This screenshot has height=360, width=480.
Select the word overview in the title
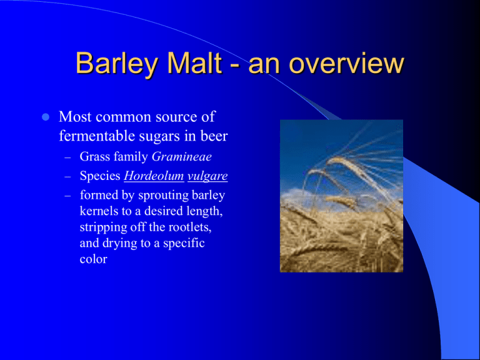tap(347, 63)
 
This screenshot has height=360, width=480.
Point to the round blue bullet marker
tap(45, 117)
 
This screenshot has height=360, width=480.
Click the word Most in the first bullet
tap(75, 117)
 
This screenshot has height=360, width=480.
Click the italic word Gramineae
tap(181, 156)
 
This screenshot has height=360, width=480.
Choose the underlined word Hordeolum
tap(154, 176)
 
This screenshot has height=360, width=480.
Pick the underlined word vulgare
tap(207, 176)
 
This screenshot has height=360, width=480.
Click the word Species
tap(100, 176)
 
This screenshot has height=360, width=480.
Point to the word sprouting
tap(163, 196)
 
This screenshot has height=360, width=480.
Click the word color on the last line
tap(93, 259)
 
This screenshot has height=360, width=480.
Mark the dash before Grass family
tap(67, 158)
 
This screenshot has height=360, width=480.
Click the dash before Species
tap(67, 177)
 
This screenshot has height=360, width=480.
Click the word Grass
tap(95, 156)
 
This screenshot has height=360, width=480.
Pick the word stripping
tap(103, 227)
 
